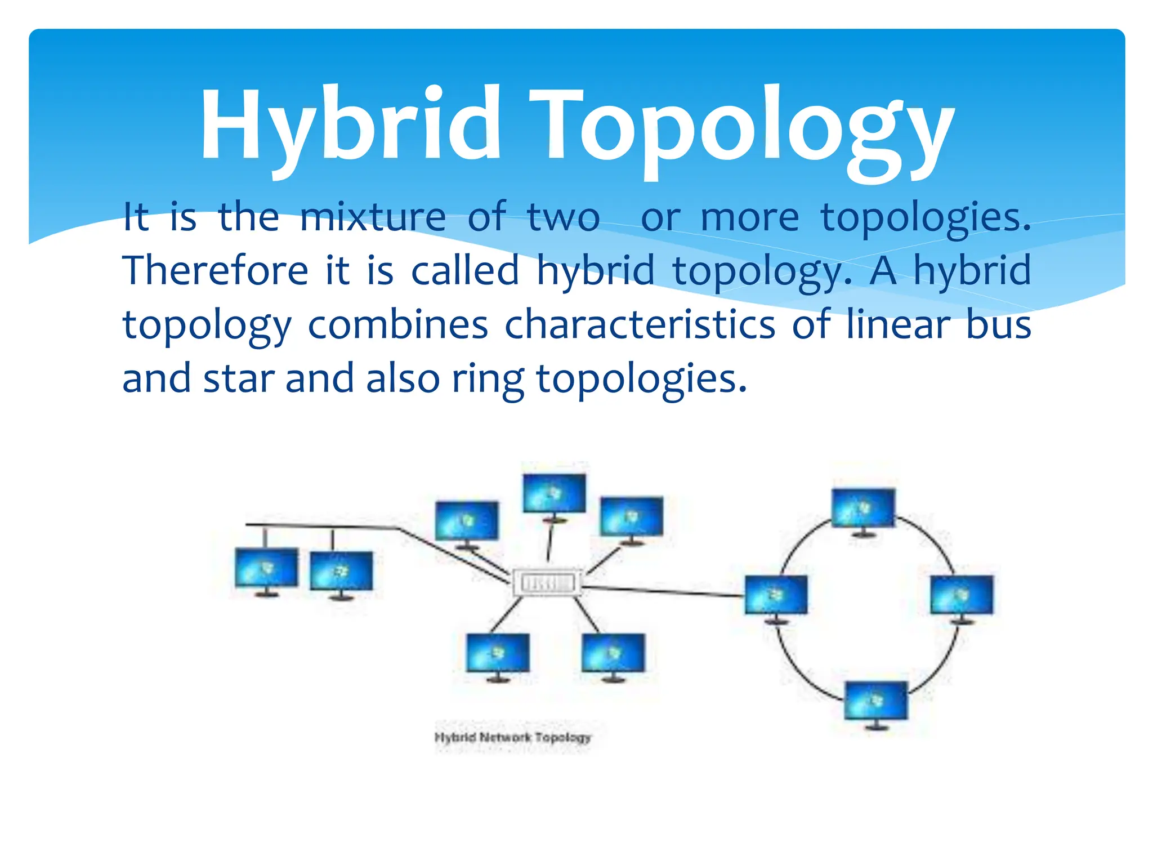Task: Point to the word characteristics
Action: (x=640, y=325)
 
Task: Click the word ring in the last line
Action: (x=488, y=379)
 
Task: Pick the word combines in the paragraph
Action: (x=397, y=325)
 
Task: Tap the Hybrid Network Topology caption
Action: (x=513, y=737)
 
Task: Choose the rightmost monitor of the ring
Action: (x=962, y=595)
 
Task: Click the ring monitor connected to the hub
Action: (x=776, y=595)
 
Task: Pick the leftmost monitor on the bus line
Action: (x=266, y=568)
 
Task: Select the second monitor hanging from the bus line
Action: (x=341, y=572)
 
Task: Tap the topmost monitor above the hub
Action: (x=554, y=494)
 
